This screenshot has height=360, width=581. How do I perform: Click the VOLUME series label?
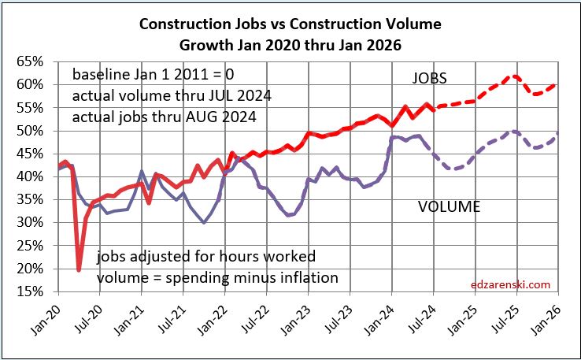point(448,208)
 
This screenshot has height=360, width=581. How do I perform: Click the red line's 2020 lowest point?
point(79,270)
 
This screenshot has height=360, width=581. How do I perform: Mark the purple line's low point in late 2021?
point(205,223)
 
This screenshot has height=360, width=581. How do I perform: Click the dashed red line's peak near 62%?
point(514,76)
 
